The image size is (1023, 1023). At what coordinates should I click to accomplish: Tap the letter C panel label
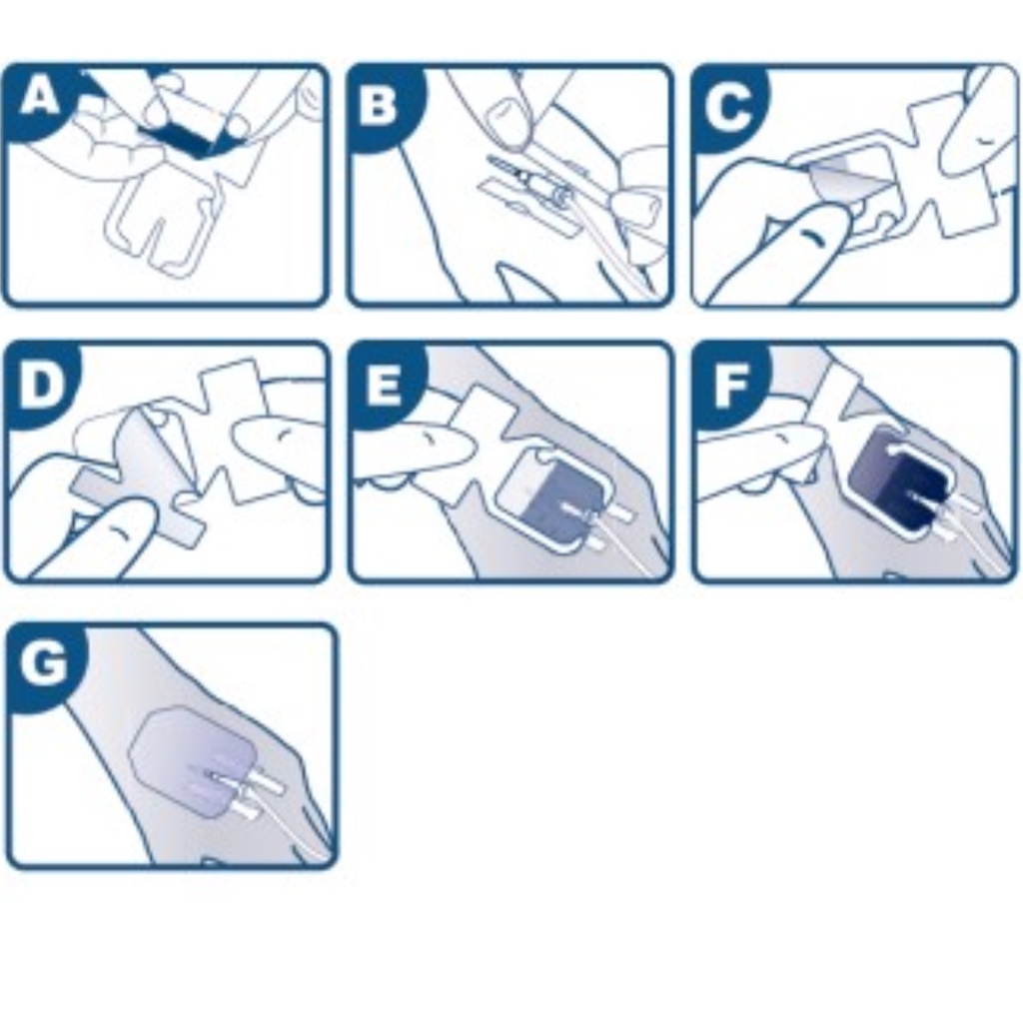click(x=728, y=106)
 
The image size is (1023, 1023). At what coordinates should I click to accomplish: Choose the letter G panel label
click(x=44, y=662)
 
